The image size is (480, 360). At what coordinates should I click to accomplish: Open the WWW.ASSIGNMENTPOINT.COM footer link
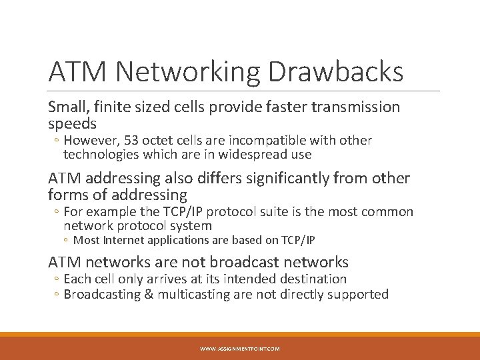pos(240,349)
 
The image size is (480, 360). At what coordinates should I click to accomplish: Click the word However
pos(89,140)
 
